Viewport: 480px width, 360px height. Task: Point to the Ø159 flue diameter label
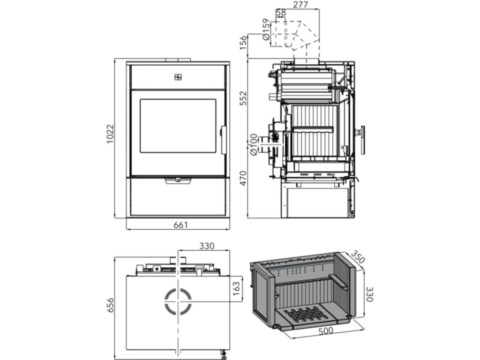tap(266, 30)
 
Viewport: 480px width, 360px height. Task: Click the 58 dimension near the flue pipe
tap(281, 13)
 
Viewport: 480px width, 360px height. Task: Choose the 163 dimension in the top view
tap(236, 286)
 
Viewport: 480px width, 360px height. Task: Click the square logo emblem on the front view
tap(178, 77)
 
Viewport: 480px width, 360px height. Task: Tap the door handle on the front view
tap(223, 139)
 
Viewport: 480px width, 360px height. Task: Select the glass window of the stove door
tap(178, 126)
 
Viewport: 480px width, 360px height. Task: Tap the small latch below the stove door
tap(178, 180)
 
